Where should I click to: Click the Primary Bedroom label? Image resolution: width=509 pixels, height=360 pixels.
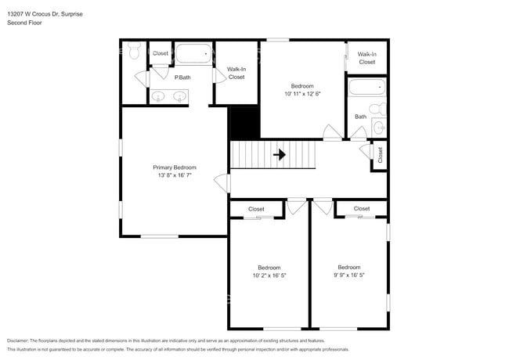174,167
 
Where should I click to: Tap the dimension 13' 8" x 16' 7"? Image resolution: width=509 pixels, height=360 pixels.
174,176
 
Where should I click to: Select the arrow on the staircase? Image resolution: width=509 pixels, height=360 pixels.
279,155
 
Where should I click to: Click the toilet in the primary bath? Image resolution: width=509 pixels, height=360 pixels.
134,52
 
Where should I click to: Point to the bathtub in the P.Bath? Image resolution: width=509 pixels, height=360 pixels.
193,55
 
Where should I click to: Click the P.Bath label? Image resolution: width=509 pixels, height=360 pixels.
183,77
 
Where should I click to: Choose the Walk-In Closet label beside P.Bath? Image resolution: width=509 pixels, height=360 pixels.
236,73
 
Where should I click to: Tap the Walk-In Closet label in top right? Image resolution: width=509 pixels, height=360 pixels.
366,58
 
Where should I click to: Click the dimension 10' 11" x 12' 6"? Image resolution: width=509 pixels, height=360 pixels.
302,94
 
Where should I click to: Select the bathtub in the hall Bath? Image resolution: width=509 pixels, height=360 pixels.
366,87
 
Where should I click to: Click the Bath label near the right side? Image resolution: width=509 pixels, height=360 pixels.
360,117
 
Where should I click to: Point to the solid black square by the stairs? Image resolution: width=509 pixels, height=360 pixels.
244,122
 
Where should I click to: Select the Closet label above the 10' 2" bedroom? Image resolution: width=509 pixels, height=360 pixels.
256,209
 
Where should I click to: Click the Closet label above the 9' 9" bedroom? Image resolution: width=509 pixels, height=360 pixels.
361,208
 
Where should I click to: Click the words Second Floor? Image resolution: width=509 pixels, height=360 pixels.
24,23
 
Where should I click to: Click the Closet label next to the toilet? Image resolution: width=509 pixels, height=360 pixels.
160,53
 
